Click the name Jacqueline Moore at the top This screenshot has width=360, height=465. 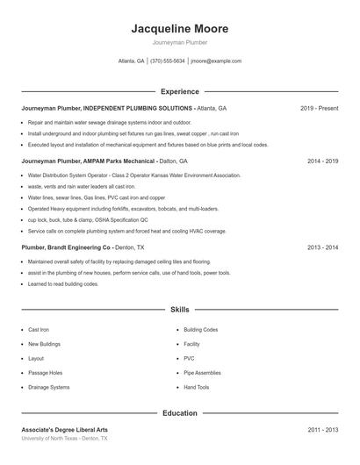[179, 28]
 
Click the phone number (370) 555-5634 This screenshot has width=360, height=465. [168, 61]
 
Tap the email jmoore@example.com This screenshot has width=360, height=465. [216, 61]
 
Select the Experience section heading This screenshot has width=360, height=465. [179, 91]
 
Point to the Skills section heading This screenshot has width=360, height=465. [179, 310]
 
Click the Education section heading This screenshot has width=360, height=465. [179, 412]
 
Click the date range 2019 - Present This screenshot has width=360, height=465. [319, 108]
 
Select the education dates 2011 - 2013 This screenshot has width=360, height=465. [322, 430]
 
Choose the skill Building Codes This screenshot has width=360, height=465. [201, 330]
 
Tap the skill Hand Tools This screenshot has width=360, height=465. [197, 387]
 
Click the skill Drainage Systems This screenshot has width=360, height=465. [48, 387]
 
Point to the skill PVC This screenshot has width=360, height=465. [189, 358]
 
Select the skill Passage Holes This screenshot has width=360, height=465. [45, 373]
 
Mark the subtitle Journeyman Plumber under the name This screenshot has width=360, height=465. [179, 41]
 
